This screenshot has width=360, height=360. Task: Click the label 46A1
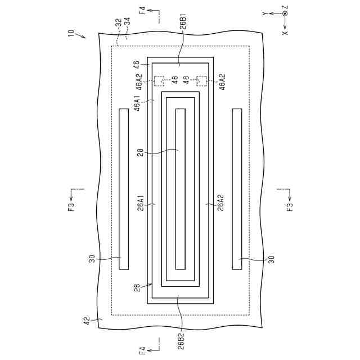tap(137, 105)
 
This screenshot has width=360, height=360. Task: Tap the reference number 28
tap(141, 151)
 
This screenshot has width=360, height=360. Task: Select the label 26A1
tap(141, 202)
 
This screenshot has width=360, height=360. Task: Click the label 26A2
tap(221, 202)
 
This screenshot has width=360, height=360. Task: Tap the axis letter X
tap(285, 33)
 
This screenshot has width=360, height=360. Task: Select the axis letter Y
tap(264, 12)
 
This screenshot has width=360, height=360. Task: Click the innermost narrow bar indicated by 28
tap(181, 188)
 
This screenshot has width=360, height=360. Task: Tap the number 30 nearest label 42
tap(92, 259)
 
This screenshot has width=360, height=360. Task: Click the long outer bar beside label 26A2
tap(237, 188)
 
